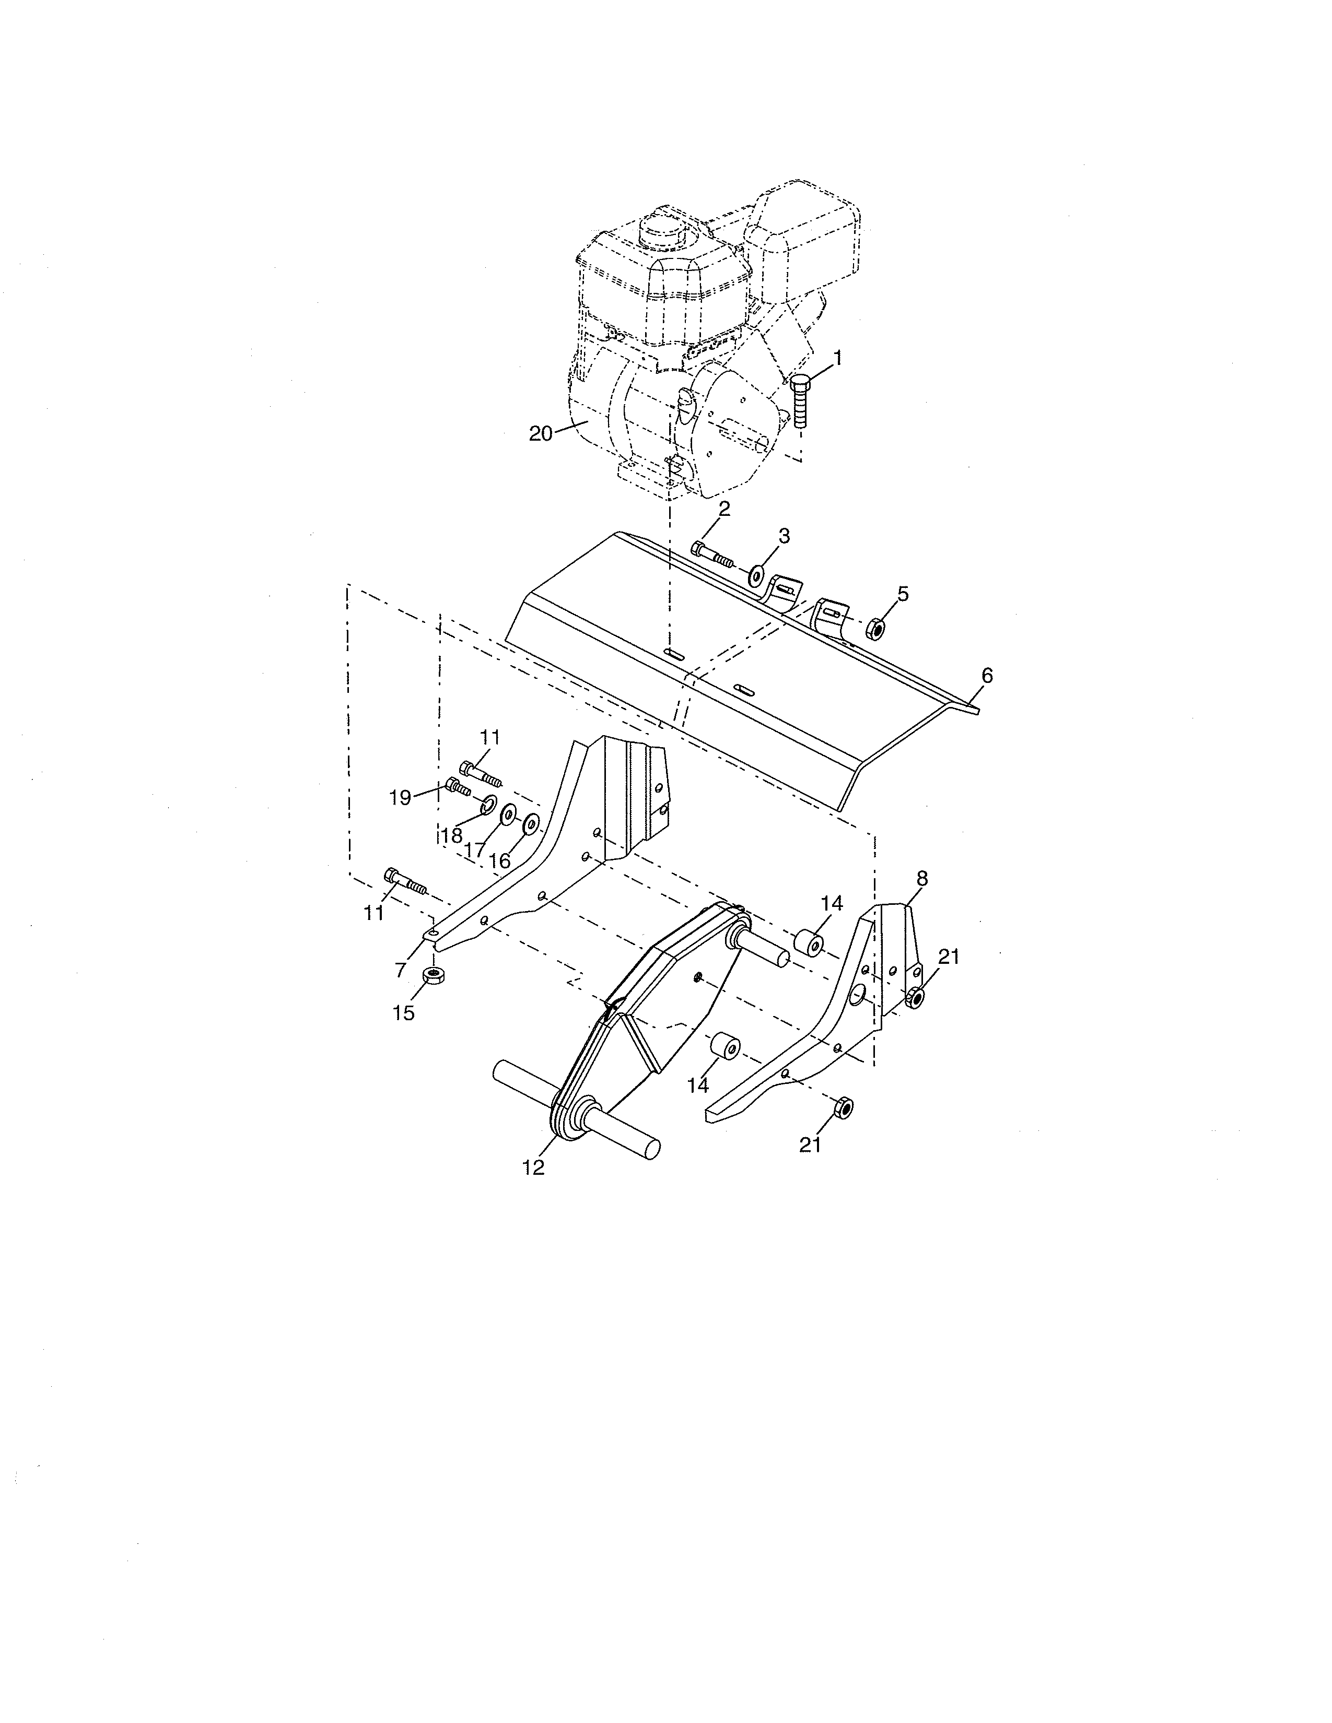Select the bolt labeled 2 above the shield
pos(712,554)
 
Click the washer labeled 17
pos(507,812)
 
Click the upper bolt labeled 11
pos(479,772)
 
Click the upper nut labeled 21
pos(915,996)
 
